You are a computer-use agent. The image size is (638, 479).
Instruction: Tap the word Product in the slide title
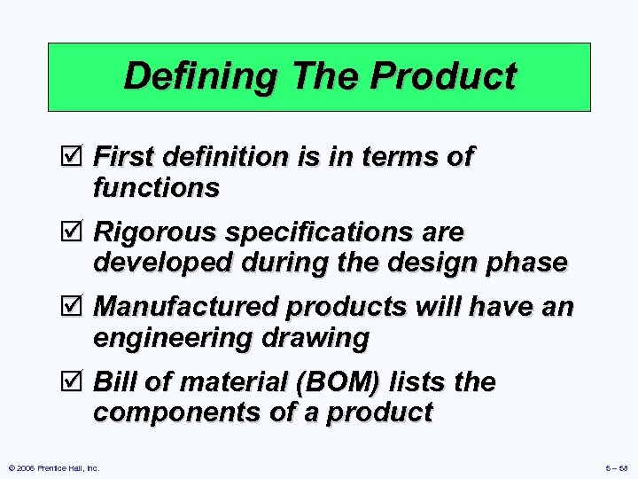point(443,76)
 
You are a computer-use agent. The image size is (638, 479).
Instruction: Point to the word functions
point(156,188)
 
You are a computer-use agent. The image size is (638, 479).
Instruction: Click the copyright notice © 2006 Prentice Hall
point(53,467)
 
